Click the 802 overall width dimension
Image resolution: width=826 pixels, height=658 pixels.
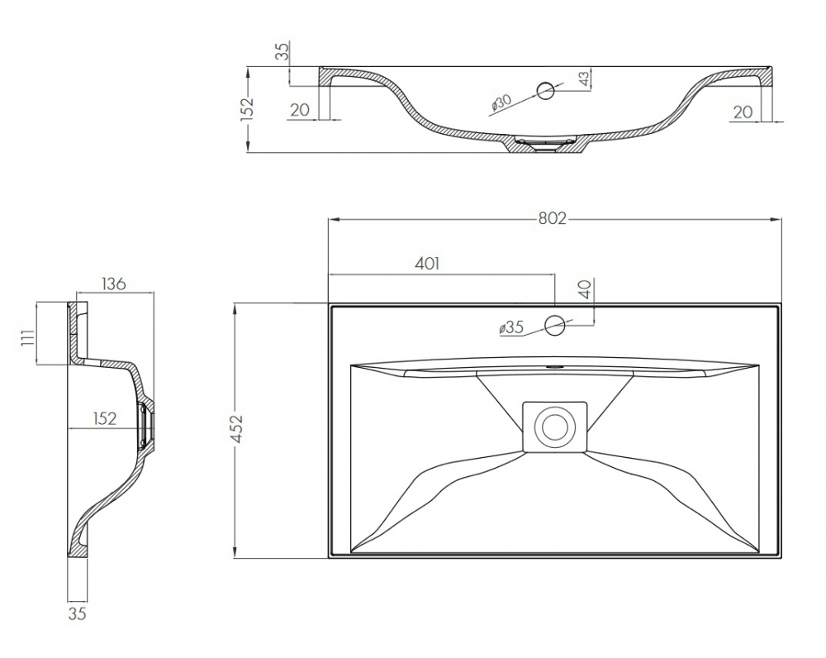tap(552, 218)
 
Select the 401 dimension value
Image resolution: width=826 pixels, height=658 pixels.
tap(427, 263)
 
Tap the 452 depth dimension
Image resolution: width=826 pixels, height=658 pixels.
tap(238, 430)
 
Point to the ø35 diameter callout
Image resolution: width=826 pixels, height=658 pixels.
tap(511, 328)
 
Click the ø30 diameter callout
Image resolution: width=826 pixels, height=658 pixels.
tap(501, 102)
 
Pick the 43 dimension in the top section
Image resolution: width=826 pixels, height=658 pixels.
tap(584, 79)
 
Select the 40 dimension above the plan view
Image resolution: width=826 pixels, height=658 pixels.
tap(586, 289)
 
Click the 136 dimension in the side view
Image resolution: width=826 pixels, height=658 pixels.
tap(114, 284)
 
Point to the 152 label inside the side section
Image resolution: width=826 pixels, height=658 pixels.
tap(104, 418)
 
